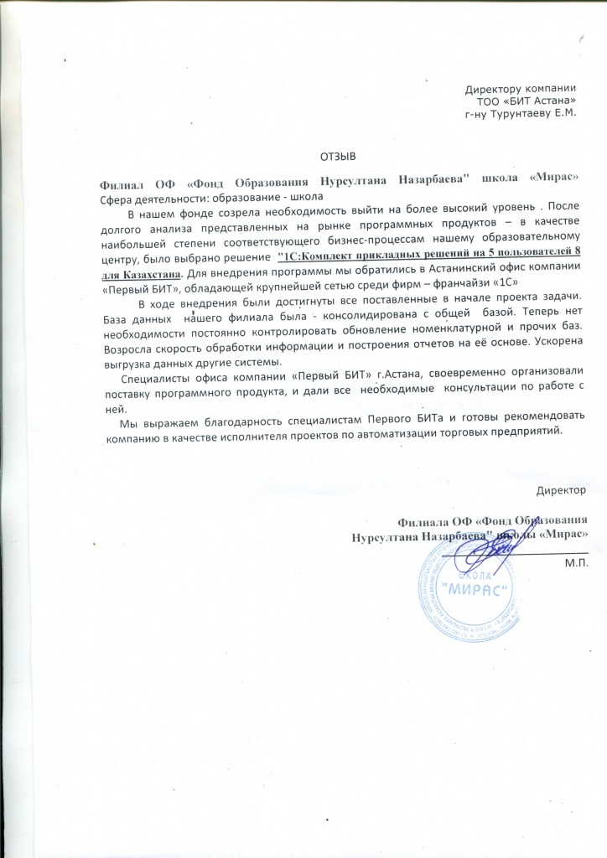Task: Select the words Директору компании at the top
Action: pos(520,88)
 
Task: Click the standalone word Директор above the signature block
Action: pos(561,488)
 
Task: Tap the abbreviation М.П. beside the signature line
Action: pos(578,562)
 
